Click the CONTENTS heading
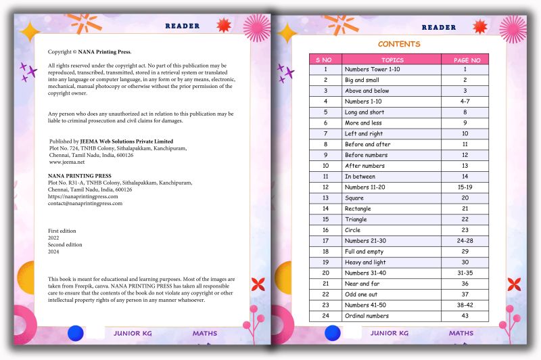click(398, 44)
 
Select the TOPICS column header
click(392, 60)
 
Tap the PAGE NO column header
click(465, 60)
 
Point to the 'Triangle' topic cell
click(356, 219)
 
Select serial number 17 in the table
click(325, 240)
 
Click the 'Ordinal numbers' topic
click(367, 315)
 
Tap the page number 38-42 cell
click(465, 305)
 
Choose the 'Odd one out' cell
click(361, 294)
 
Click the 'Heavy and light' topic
click(365, 262)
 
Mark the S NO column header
click(325, 60)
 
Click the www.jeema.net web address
click(67, 162)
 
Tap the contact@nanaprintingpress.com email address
click(85, 203)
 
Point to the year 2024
click(53, 251)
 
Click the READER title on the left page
click(183, 26)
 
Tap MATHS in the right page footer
click(461, 333)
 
